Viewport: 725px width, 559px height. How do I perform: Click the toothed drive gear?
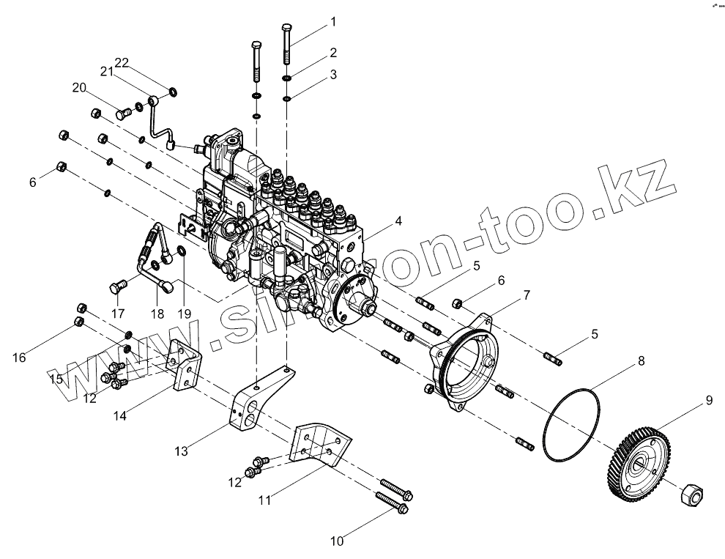tap(639, 463)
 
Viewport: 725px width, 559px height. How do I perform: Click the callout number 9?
tap(708, 400)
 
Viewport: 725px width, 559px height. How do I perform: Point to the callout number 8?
tap(641, 360)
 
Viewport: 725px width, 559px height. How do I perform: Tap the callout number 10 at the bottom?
tap(337, 541)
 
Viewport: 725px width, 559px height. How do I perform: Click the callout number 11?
tap(266, 500)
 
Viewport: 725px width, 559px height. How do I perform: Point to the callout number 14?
tap(119, 415)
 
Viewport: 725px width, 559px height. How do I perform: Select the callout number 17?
tap(119, 313)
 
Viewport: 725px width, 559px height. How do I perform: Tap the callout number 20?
tap(79, 88)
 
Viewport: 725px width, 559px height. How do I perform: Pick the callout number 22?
tap(121, 63)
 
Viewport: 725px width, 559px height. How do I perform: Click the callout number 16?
tap(19, 357)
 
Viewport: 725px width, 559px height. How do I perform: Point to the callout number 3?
tap(332, 75)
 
